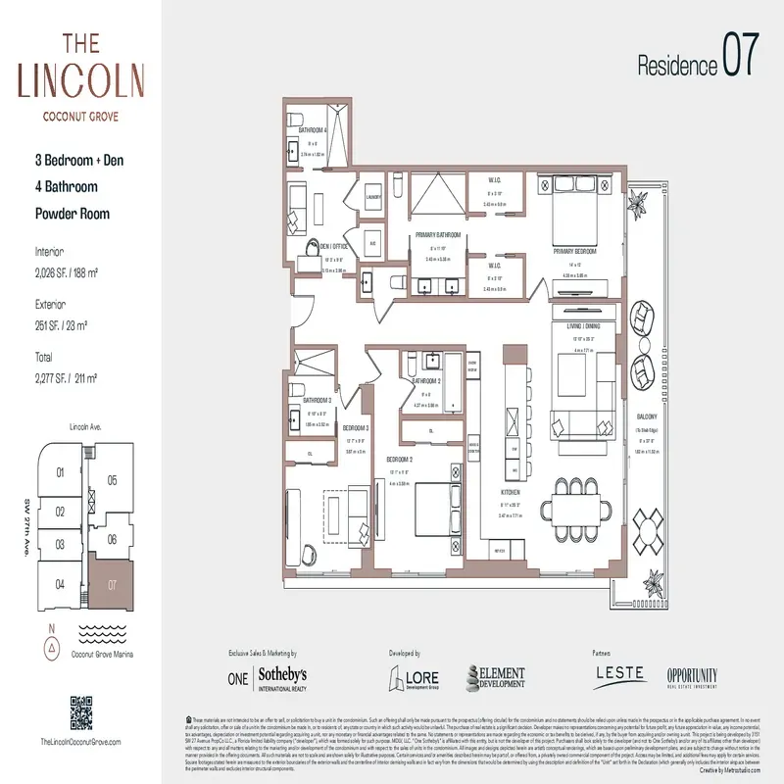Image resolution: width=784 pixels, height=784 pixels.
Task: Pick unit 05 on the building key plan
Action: click(x=112, y=480)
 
